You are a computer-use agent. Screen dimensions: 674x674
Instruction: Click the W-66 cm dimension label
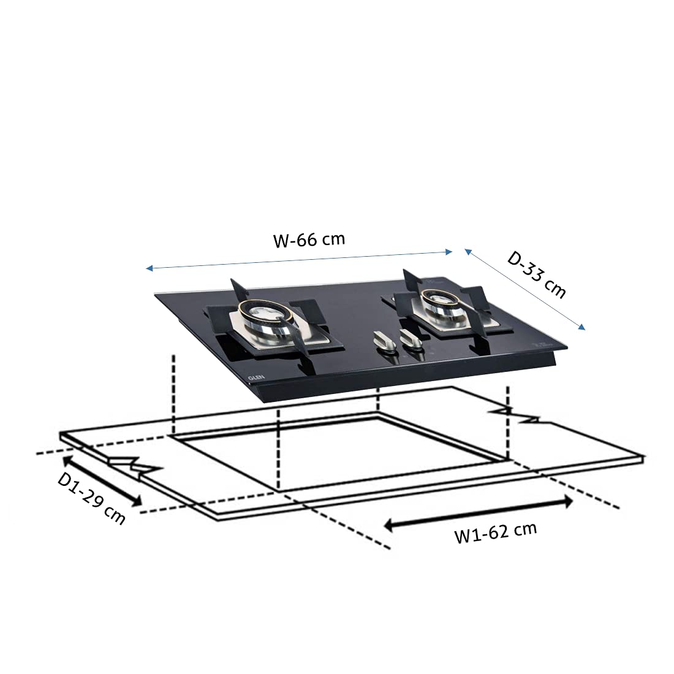309,240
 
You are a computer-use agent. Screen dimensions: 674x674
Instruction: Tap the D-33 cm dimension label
537,275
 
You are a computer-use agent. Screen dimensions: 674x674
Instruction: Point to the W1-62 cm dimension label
496,533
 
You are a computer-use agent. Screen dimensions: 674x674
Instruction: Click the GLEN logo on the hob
256,377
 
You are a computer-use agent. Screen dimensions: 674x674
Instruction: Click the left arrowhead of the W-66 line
149,268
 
